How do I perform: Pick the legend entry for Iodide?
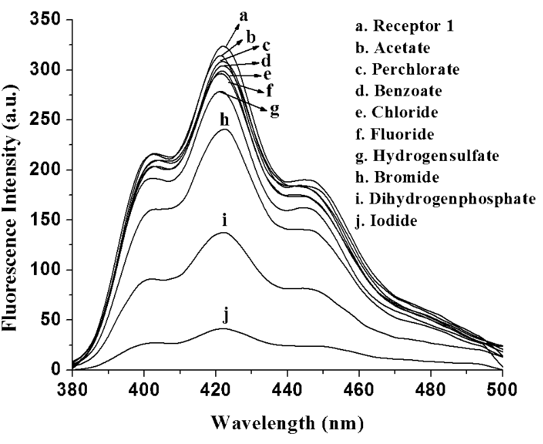click(389, 221)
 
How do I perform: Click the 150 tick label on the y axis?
click(48, 220)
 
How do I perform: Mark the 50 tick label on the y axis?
click(52, 320)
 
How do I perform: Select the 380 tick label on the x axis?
click(72, 390)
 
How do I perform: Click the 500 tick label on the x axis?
click(503, 390)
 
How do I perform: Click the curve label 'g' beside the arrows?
click(275, 110)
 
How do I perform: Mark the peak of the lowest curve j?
click(221, 329)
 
